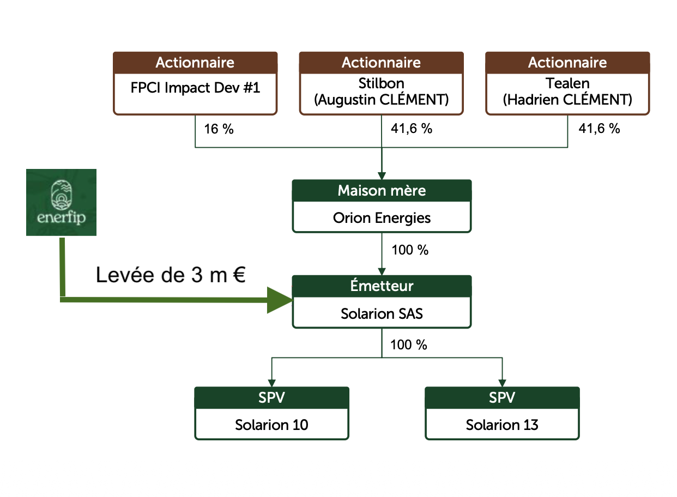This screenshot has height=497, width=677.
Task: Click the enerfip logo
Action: [62, 202]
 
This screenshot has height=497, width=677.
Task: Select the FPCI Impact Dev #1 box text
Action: [195, 88]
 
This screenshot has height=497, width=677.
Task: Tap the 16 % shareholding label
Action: [219, 129]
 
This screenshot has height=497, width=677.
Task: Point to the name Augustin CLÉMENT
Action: [382, 100]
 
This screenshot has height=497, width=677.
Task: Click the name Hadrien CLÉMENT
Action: [567, 100]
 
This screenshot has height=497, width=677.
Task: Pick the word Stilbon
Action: [382, 83]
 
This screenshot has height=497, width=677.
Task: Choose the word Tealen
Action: [567, 83]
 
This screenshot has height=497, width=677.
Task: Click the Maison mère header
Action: [382, 191]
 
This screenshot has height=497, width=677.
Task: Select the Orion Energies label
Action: [382, 218]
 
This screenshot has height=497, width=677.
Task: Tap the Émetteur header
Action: [382, 286]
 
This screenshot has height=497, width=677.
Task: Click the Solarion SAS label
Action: [382, 313]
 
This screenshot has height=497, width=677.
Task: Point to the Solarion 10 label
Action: [271, 425]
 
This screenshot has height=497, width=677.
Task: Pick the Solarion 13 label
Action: [502, 425]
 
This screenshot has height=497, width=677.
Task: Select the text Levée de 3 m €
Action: [171, 275]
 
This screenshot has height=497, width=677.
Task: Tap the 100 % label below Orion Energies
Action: [410, 250]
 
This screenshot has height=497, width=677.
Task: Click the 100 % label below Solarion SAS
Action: [409, 345]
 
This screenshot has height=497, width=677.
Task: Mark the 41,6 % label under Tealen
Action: [600, 129]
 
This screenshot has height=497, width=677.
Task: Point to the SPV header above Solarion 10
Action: [271, 397]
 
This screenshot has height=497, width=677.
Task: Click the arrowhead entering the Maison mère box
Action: [382, 176]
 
